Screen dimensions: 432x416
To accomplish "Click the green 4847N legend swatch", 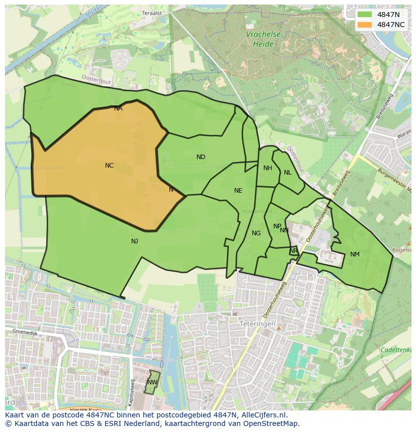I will click(365, 15).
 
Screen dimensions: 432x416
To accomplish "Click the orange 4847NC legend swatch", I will click(365, 25).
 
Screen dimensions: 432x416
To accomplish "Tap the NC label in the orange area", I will click(109, 166).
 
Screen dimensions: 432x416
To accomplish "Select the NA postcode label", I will click(118, 108).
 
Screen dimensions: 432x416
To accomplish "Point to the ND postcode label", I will click(201, 157).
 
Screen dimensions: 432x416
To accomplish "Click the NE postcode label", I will click(238, 191).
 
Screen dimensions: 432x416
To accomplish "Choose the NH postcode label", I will click(268, 168).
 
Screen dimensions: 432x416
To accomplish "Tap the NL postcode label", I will click(287, 173).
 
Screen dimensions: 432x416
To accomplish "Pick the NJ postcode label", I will click(135, 241).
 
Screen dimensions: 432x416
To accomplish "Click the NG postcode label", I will click(256, 233).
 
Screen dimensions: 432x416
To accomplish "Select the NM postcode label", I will click(355, 254).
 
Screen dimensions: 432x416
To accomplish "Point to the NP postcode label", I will click(277, 226).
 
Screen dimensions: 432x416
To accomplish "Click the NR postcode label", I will click(293, 251).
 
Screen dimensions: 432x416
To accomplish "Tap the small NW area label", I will click(152, 382).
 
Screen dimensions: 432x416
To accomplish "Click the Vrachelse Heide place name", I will click(263, 39).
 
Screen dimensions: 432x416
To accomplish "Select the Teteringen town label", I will click(257, 324).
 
